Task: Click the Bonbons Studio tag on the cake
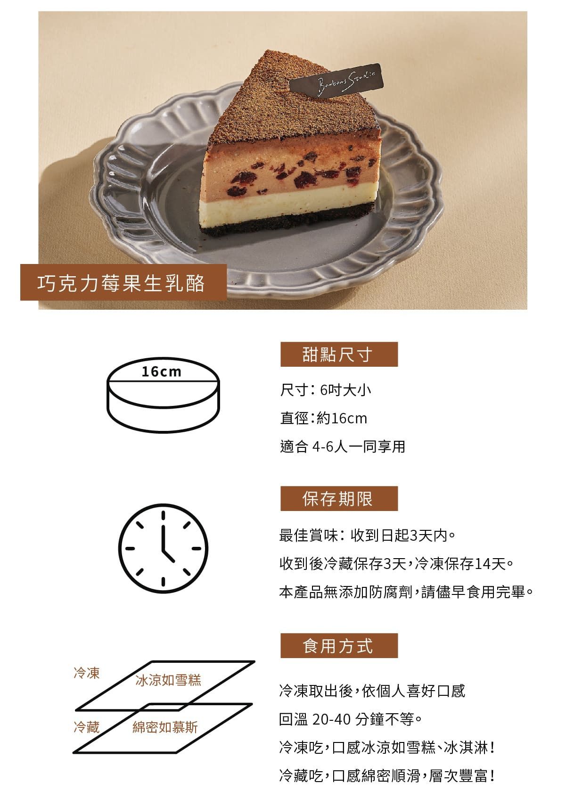pos(335,81)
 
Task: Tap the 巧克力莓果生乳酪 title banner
pos(123,282)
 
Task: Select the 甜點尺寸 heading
pos(339,354)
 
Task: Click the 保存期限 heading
pos(339,498)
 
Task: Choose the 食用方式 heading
pos(339,645)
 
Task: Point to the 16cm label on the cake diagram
pos(161,371)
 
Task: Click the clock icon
pos(163,548)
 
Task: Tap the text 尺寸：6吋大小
pos(326,390)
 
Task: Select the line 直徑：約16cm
pos(323,419)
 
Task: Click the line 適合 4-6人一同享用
pos(343,446)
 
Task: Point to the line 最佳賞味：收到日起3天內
pos(368,536)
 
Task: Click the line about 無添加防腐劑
pos(406,592)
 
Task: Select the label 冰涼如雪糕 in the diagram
pos(168,680)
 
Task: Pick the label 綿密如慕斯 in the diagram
pos(165,727)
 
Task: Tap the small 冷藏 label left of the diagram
pos(87,727)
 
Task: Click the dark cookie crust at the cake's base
pos(285,223)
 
